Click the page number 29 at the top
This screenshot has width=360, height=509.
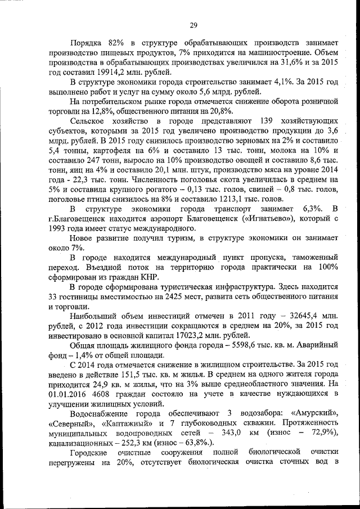[x=192, y=25]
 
